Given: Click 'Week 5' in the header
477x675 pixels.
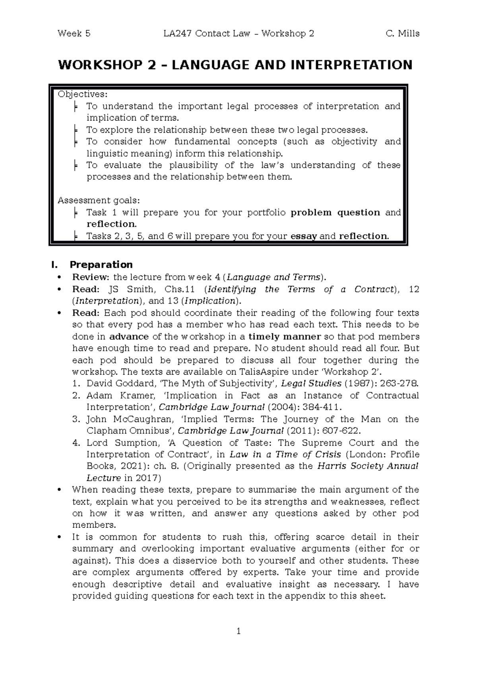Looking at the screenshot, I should (x=74, y=34).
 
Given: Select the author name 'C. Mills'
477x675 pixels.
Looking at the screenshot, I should (x=402, y=34).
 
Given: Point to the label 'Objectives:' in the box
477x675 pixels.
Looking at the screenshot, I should (x=82, y=94).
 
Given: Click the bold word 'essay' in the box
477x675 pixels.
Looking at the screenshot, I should (x=304, y=236).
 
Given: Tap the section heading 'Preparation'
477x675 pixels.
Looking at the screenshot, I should (x=101, y=265).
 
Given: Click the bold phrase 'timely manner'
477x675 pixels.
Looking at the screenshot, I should (x=285, y=336).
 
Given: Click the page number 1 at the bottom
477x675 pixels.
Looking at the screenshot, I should (x=238, y=631).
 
